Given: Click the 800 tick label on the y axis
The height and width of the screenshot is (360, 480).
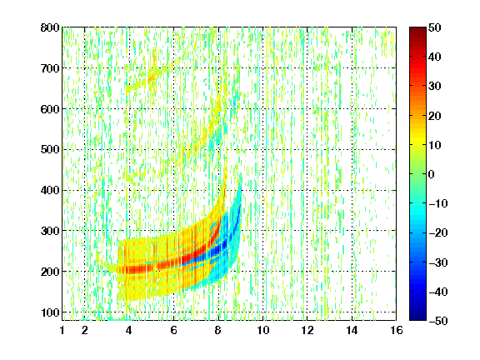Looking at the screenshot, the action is (50, 27).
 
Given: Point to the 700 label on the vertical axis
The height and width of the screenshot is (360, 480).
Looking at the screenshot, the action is (50, 68).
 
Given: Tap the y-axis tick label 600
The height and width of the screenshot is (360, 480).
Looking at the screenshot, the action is (50, 109).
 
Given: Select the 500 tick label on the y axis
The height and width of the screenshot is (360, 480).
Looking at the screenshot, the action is (50, 150).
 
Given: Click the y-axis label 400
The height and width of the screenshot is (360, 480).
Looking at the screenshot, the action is (50, 190).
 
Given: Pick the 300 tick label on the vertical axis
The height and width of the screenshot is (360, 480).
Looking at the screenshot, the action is (50, 231).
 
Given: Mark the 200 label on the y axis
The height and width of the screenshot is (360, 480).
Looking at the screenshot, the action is (50, 272).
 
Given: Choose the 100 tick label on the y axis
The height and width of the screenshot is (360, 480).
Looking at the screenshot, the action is (50, 312).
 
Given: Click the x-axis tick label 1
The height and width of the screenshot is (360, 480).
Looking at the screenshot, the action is (62, 330).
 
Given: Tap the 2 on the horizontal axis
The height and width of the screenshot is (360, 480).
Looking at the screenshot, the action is (85, 330).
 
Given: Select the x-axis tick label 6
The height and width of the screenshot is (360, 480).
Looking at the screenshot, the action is (174, 330).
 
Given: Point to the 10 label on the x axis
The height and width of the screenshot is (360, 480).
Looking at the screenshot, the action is (263, 330).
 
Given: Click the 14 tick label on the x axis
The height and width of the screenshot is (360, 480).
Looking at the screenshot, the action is (352, 330).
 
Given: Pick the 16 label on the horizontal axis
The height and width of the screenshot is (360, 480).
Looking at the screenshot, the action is (397, 330).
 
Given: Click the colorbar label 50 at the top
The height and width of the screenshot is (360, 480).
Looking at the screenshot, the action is (434, 27).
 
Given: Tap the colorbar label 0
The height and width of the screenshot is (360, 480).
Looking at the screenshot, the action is (432, 174).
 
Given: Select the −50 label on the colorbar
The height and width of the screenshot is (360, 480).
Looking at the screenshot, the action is (438, 321).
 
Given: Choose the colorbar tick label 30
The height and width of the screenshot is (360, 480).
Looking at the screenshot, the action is (434, 86).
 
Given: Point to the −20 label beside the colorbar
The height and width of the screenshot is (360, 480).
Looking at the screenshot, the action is (438, 232).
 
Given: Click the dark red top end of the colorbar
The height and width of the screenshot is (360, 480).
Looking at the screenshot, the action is (417, 30).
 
